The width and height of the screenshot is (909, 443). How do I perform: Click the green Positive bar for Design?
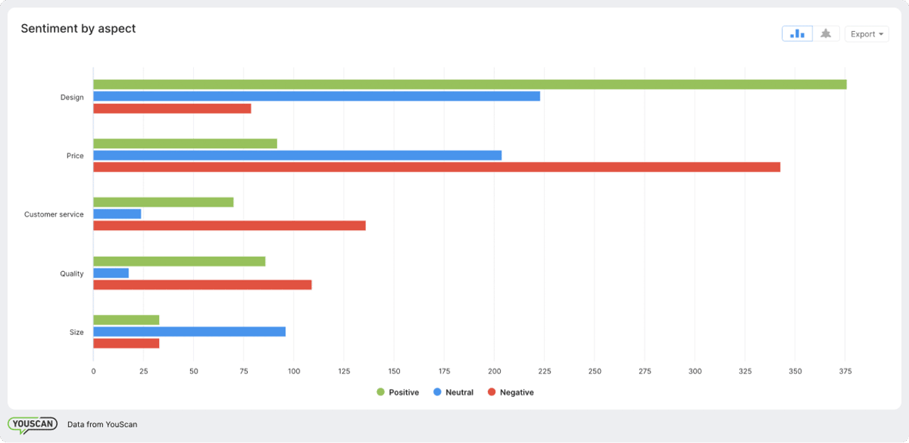coord(469,84)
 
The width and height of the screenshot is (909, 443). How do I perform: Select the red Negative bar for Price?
coord(436,167)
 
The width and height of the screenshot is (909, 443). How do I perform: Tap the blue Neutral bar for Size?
coord(189,332)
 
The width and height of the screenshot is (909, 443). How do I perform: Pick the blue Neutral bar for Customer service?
coord(117,214)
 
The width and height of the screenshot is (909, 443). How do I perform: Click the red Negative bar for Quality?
coord(202,285)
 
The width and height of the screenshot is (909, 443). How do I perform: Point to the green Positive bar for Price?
coord(185,143)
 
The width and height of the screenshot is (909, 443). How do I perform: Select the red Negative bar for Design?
coord(172,109)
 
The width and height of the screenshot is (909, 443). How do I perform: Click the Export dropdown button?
coord(866,34)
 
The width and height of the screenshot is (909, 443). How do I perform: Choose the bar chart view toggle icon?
coord(797,34)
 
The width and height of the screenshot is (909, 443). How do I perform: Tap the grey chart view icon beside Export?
coord(825,34)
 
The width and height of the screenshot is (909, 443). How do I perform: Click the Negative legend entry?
coord(511,393)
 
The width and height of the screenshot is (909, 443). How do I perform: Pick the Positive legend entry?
coord(398,393)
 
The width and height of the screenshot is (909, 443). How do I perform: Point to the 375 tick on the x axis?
coord(845,371)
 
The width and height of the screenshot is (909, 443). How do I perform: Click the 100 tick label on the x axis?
coord(294,371)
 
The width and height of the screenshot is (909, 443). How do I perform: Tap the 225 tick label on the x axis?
coord(545,371)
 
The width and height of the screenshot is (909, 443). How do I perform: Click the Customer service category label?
coord(54,214)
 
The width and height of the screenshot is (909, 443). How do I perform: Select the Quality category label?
coord(72,273)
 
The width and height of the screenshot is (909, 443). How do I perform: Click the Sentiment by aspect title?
coord(78,29)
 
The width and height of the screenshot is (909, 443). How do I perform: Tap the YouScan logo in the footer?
coord(32,425)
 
